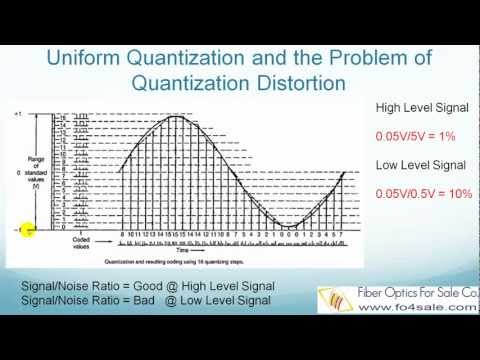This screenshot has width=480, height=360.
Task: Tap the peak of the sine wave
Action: [x=176, y=116]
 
